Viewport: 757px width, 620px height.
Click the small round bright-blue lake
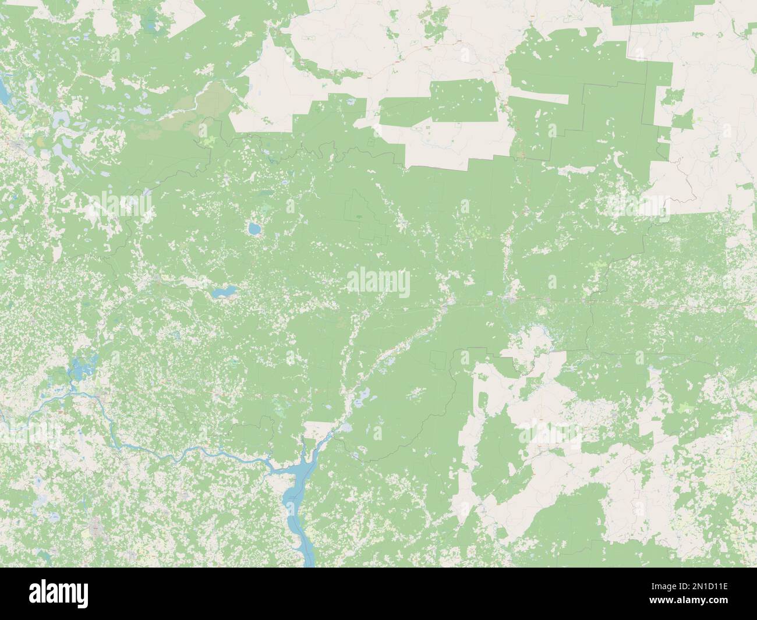tap(254, 229)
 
